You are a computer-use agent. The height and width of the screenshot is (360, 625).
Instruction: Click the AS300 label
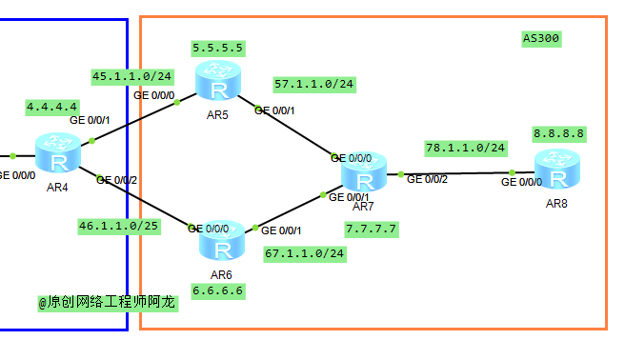[x=541, y=39]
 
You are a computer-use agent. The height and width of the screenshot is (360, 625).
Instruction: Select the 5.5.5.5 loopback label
[x=217, y=47]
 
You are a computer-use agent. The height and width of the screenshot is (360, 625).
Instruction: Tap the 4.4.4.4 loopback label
[x=52, y=107]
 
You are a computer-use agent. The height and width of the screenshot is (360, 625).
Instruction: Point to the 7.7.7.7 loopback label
[x=371, y=229]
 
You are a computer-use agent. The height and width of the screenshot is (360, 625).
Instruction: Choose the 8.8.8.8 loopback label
[x=559, y=133]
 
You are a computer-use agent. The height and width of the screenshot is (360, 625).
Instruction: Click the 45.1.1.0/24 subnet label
[x=131, y=75]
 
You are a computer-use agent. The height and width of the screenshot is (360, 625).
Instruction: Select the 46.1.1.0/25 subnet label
[x=119, y=226]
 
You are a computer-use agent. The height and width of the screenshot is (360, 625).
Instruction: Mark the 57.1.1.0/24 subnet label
[x=313, y=84]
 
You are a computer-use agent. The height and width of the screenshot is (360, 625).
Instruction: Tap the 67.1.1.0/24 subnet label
[x=305, y=253]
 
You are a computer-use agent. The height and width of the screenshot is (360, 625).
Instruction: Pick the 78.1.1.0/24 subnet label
[x=465, y=148]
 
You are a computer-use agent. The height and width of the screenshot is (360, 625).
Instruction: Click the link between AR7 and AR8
[x=457, y=174]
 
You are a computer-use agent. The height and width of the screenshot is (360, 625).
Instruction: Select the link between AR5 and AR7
[x=291, y=128]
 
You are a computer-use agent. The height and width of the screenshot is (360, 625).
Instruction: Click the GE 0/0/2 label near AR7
[x=428, y=180]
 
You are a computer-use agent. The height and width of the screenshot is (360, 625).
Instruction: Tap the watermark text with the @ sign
[x=107, y=302]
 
